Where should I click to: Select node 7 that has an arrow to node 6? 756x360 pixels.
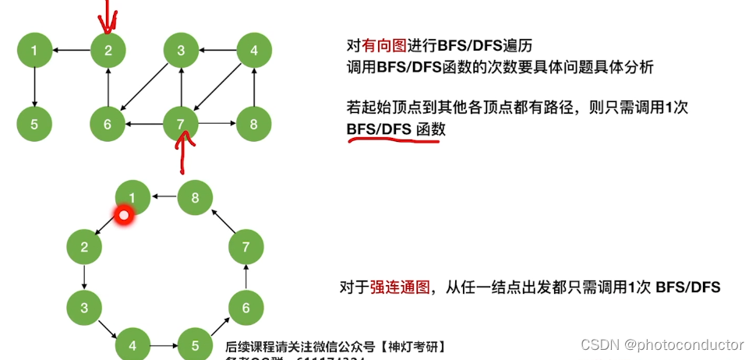pyautogui.click(x=181, y=123)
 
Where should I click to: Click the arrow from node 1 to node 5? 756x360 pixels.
pyautogui.click(x=34, y=87)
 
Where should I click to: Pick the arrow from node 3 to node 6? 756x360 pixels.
pyautogui.click(x=144, y=88)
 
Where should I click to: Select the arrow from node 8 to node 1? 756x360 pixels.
pyautogui.click(x=164, y=198)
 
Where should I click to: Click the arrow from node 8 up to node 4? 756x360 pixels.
pyautogui.click(x=253, y=87)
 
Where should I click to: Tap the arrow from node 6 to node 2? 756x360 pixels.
pyautogui.click(x=108, y=87)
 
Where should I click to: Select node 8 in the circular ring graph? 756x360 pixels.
pyautogui.click(x=195, y=198)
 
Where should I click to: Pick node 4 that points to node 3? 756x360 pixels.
pyautogui.click(x=253, y=51)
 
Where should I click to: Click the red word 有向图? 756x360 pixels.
pyautogui.click(x=384, y=47)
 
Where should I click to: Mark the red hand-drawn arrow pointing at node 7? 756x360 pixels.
pyautogui.click(x=183, y=153)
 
